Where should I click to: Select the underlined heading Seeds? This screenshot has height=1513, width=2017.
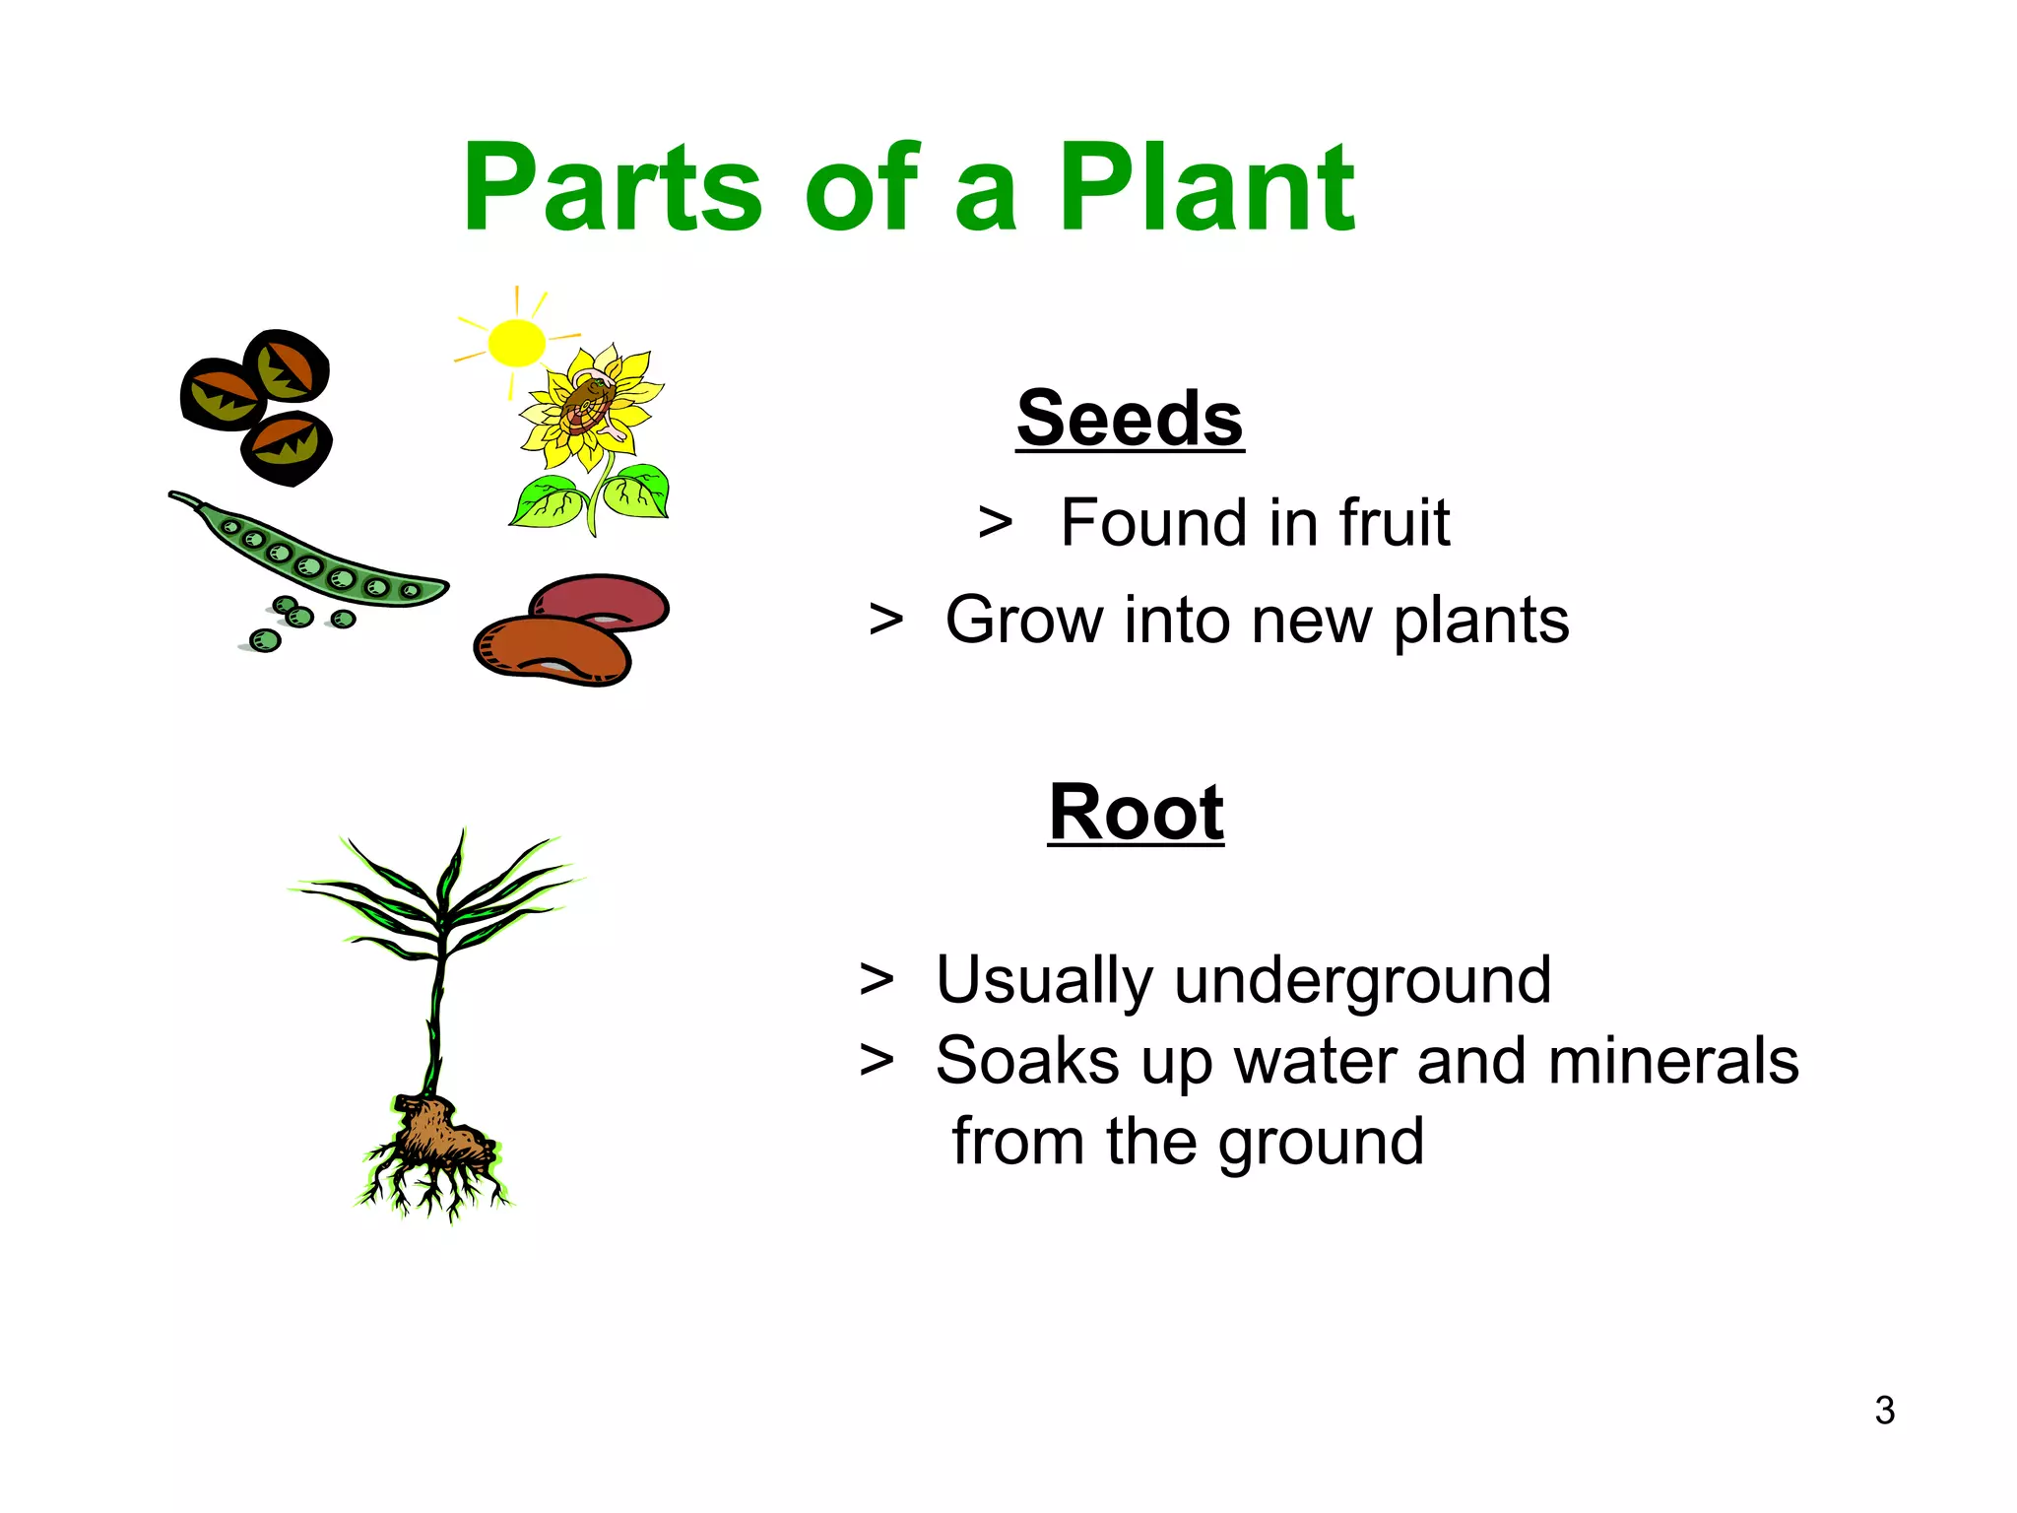(1130, 419)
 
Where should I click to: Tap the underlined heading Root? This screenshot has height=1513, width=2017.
(1136, 813)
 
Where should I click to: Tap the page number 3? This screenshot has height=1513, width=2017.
(1884, 1411)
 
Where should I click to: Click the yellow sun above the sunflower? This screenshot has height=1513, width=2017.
(516, 343)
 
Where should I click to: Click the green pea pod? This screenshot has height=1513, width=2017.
(315, 557)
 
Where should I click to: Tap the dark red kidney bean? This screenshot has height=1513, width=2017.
(601, 601)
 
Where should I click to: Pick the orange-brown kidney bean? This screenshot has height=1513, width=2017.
(552, 650)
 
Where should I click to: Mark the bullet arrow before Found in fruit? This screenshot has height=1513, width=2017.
(995, 522)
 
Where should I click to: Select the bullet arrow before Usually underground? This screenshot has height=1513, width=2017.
(877, 980)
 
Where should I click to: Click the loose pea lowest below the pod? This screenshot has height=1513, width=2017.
(265, 641)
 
